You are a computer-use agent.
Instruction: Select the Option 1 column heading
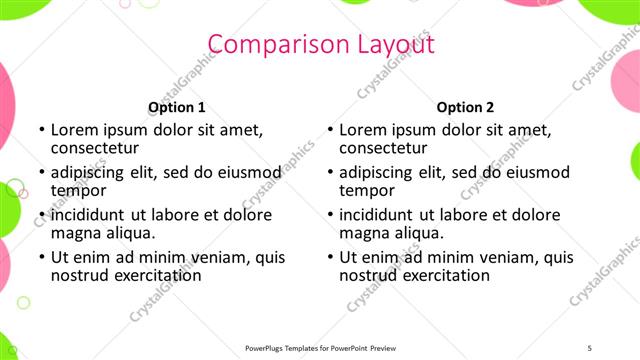pos(177,108)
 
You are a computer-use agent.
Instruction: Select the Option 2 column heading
pos(465,108)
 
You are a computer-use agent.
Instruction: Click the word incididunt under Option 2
pos(376,215)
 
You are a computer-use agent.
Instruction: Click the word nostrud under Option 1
pos(81,275)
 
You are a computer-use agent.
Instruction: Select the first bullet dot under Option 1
pos(40,130)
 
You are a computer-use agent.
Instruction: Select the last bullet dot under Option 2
pos(329,258)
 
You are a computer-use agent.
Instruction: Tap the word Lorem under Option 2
pos(362,129)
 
